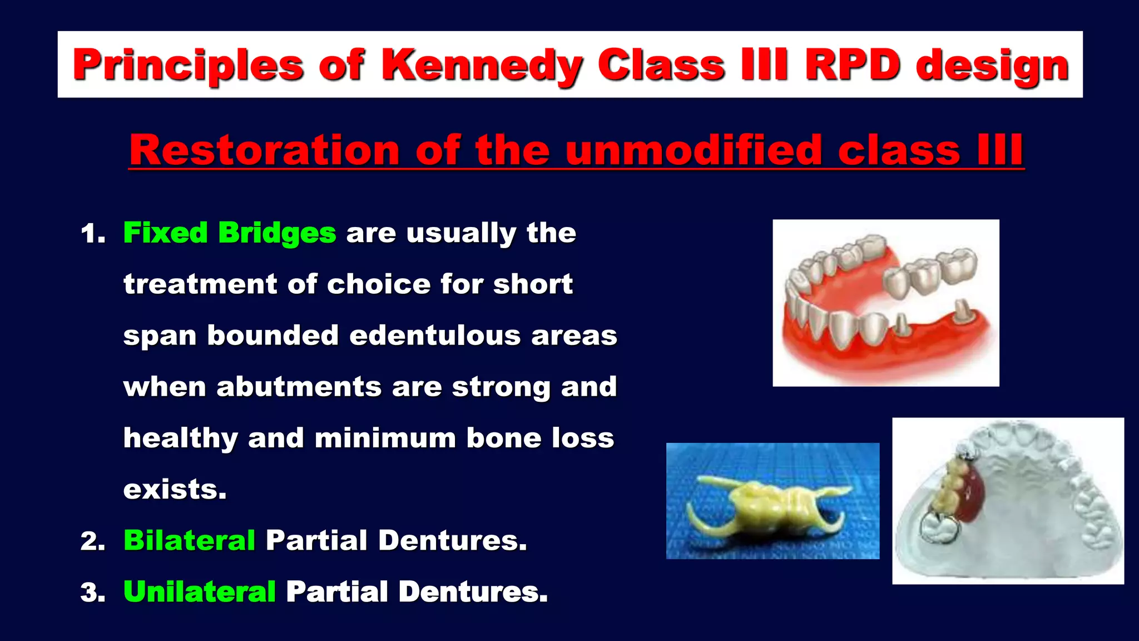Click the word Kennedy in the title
point(482,65)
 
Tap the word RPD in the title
point(853,65)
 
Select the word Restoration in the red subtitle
point(264,150)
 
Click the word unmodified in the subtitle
point(694,150)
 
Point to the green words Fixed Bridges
point(229,233)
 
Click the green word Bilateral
point(189,540)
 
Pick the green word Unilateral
point(199,591)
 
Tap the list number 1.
point(92,234)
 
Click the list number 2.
point(92,541)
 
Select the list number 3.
point(92,593)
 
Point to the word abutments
point(299,387)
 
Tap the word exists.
point(175,490)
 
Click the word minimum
point(385,438)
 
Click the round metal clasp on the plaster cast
point(939,527)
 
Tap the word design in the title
point(992,65)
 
